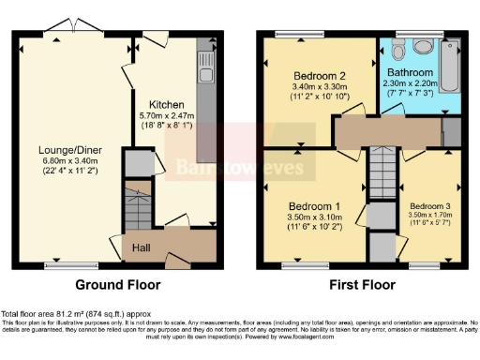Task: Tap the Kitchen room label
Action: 165,104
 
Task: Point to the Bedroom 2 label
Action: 319,76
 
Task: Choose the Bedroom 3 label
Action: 430,205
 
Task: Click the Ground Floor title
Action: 118,285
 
